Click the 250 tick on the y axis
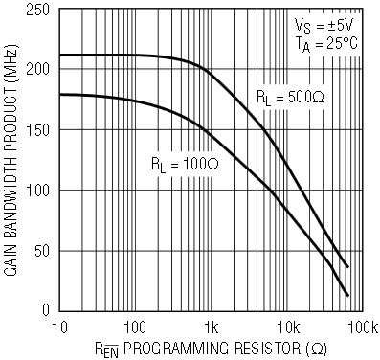[x=37, y=11]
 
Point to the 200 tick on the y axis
[x=37, y=69]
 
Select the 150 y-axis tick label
[x=37, y=129]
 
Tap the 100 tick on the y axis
[x=37, y=191]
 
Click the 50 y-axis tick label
[x=42, y=251]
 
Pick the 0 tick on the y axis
[x=46, y=310]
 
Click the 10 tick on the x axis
[x=59, y=327]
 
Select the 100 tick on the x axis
[x=135, y=327]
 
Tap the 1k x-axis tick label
[x=211, y=327]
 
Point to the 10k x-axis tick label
[x=288, y=327]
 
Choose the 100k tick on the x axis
[x=363, y=327]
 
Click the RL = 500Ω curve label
[x=290, y=98]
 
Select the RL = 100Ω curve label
[x=185, y=165]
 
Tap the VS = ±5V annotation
[x=324, y=26]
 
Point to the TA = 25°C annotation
[x=326, y=45]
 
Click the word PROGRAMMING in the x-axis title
[x=176, y=349]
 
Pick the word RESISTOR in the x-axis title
[x=268, y=349]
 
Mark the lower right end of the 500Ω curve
[x=347, y=266]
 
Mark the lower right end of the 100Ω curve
[x=347, y=295]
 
